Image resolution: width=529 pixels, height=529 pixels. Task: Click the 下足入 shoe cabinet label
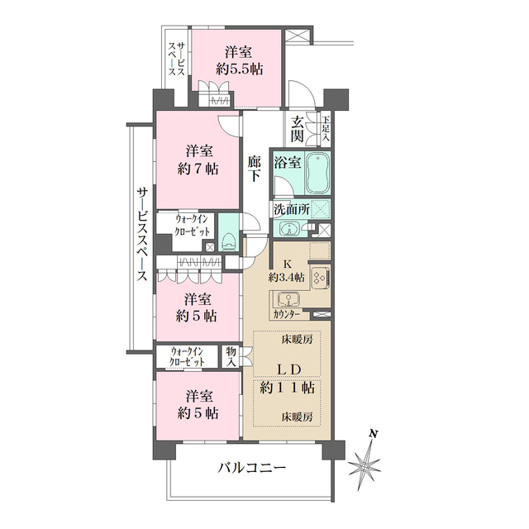tap(326, 128)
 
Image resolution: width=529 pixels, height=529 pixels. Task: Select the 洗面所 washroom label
tap(292, 210)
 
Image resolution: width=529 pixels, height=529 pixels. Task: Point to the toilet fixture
tap(229, 241)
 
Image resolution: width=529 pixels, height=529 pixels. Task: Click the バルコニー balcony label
tap(252, 469)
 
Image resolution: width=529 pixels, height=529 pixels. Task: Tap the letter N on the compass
tap(374, 434)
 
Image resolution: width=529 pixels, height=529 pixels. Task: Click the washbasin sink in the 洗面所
tap(288, 229)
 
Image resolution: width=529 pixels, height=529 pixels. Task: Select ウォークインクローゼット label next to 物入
tap(190, 358)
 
